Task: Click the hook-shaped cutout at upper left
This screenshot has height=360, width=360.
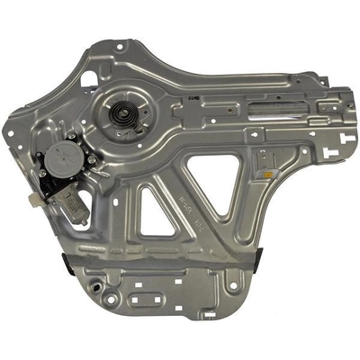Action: (x=89, y=78)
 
